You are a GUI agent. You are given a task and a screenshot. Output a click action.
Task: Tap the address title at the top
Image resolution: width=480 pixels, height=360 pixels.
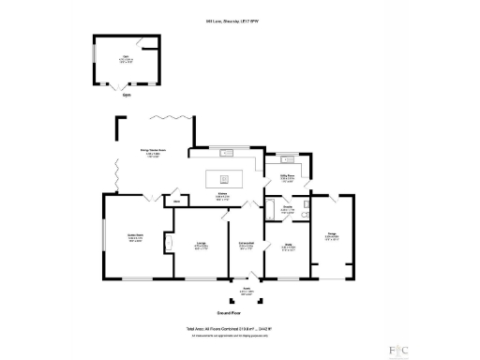(x=240, y=21)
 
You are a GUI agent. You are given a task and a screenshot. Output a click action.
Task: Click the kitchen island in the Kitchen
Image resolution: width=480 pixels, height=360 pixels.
(x=224, y=178)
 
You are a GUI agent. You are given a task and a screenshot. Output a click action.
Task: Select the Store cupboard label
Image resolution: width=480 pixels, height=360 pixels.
(x=175, y=201)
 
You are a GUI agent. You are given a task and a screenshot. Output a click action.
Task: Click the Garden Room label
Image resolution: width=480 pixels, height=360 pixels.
(x=135, y=236)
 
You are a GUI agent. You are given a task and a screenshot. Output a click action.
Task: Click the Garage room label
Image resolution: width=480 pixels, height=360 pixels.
(x=332, y=235)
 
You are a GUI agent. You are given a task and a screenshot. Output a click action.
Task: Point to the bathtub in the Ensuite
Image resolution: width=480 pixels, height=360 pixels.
(x=274, y=211)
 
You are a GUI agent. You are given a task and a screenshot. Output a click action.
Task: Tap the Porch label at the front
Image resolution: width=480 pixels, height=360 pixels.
(x=247, y=292)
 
